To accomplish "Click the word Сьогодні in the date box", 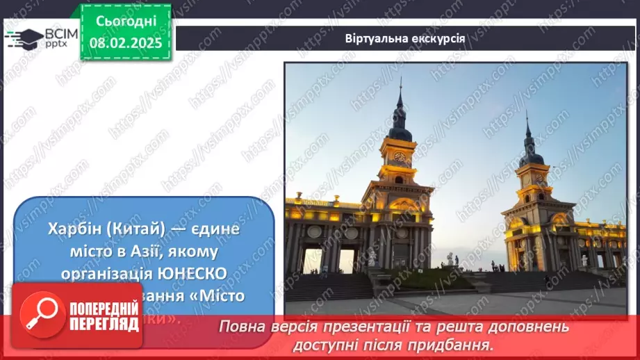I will [x=126, y=22].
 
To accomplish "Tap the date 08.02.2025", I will [x=126, y=42].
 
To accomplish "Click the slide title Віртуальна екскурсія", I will [x=404, y=38].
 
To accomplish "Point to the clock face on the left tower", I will [x=400, y=156].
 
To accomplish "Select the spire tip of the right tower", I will [x=526, y=112].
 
